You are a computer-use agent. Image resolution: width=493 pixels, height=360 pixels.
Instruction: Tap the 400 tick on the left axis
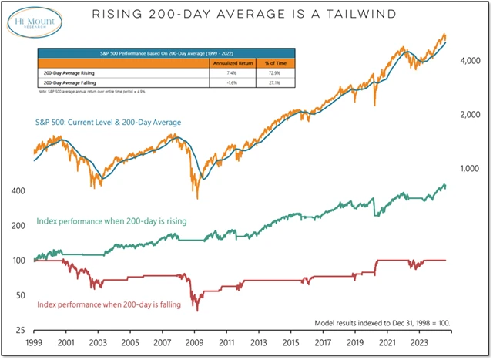(18, 190)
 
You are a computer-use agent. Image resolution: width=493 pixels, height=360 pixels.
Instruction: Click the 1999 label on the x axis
(35, 343)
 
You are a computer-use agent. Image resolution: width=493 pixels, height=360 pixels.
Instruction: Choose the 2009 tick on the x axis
(194, 343)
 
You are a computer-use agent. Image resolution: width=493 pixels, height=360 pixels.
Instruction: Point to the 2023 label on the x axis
(419, 343)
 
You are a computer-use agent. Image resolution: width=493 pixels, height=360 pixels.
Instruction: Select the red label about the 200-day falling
(109, 304)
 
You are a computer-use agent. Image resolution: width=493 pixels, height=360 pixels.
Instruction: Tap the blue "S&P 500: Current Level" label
(107, 123)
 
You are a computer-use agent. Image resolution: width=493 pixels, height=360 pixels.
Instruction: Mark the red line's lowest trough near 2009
(197, 310)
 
